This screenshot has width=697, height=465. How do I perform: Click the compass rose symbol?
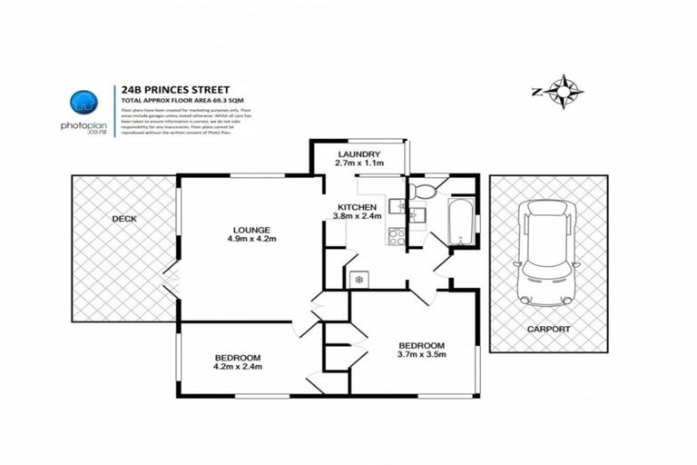[x=564, y=92]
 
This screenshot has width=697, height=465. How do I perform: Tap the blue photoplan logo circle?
[x=83, y=102]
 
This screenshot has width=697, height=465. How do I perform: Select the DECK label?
[x=124, y=219]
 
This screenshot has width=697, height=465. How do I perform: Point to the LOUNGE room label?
[x=250, y=229]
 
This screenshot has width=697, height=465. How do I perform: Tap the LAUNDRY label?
[x=359, y=154]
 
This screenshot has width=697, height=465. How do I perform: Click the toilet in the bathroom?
[x=420, y=192]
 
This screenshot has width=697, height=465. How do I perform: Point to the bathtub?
[x=462, y=223]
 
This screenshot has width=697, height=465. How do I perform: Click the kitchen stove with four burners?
[x=397, y=236]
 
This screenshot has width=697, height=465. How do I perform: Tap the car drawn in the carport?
[x=547, y=252]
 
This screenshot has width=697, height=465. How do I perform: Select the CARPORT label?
[x=548, y=328]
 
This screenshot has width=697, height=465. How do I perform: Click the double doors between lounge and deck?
[x=172, y=279]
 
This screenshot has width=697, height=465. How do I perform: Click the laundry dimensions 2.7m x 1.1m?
[x=359, y=163]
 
